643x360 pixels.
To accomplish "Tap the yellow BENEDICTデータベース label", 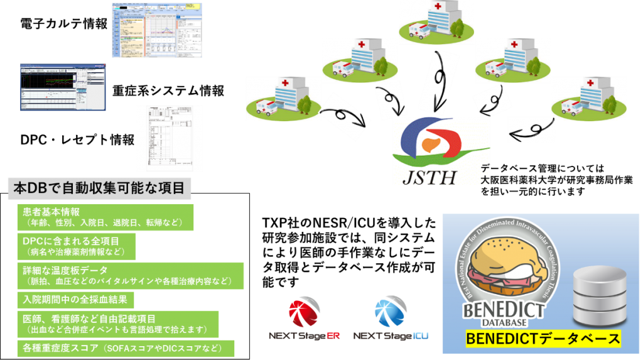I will coord(543,340).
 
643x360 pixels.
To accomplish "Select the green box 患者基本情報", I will coord(105,217).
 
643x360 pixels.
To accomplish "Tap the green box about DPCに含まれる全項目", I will coord(76,246).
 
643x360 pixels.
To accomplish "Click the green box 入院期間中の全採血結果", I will coord(75,299).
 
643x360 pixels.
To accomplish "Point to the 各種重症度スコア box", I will coord(126,348).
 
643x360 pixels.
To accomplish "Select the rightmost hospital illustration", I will coord(588,99).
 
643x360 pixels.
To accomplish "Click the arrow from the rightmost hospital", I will coord(532,131).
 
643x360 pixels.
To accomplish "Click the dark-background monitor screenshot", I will coord(62,87).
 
